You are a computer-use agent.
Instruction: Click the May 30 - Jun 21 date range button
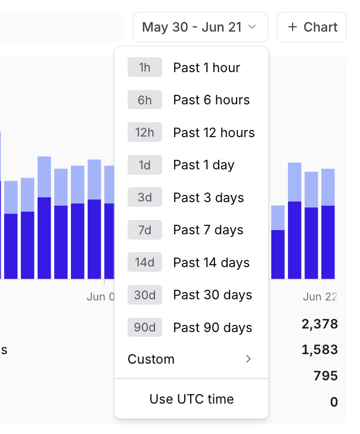pyautogui.click(x=200, y=27)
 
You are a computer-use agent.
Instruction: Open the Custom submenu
pyautogui.click(x=191, y=359)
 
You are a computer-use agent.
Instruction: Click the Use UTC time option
pyautogui.click(x=191, y=399)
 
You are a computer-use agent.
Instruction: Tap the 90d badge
pyautogui.click(x=145, y=328)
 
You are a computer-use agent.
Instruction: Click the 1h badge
pyautogui.click(x=145, y=68)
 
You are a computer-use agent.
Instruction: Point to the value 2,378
pyautogui.click(x=319, y=324)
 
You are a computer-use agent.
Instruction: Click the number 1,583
pyautogui.click(x=319, y=350)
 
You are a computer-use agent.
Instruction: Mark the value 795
pyautogui.click(x=325, y=376)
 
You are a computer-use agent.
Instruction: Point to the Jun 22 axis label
pyautogui.click(x=320, y=297)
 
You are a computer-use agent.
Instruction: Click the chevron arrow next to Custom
pyautogui.click(x=249, y=359)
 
